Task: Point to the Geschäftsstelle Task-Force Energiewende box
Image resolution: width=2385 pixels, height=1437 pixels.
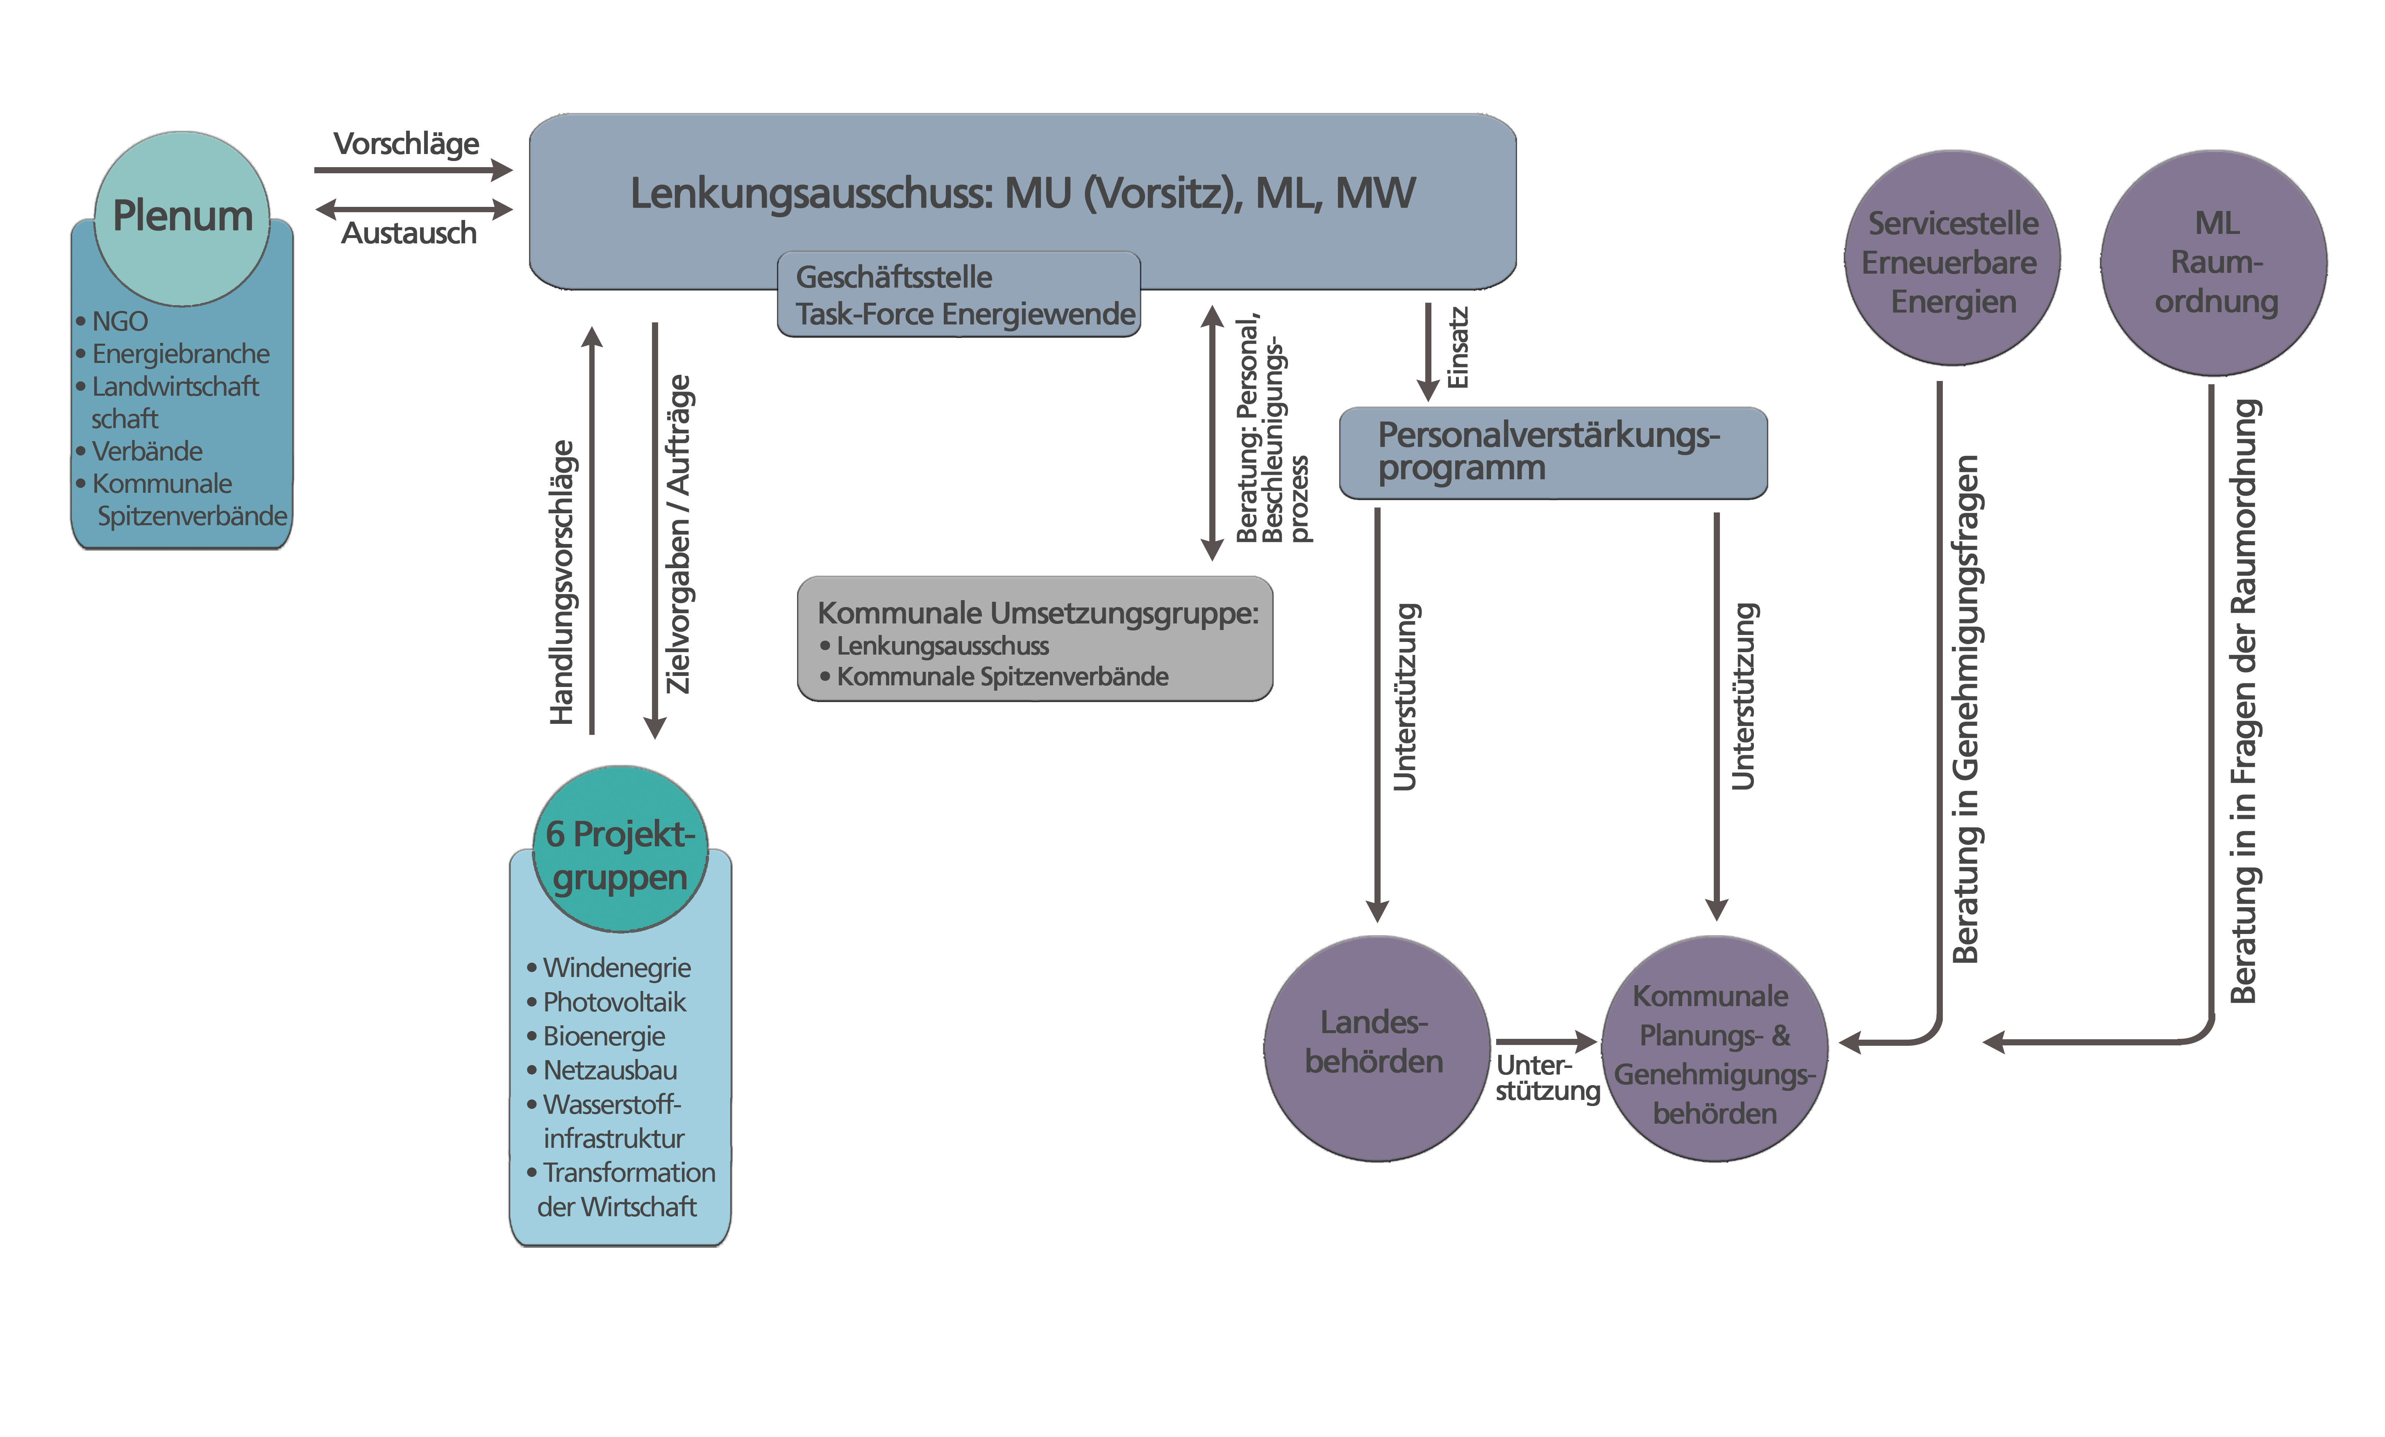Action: [x=958, y=295]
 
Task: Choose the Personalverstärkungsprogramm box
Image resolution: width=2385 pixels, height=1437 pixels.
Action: [x=1551, y=452]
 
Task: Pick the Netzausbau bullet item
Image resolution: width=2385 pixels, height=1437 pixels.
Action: [x=610, y=1070]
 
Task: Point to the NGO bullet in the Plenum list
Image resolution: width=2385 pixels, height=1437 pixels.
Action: [x=119, y=321]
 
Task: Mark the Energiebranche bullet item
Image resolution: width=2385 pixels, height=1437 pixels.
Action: [x=180, y=354]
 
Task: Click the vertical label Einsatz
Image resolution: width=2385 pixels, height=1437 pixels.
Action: [x=1458, y=348]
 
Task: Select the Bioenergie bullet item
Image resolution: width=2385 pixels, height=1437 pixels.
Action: [x=604, y=1036]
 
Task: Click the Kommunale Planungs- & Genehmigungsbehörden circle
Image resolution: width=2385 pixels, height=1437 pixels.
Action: [x=1714, y=1053]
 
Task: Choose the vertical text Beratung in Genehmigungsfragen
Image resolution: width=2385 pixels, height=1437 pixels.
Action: [x=1966, y=709]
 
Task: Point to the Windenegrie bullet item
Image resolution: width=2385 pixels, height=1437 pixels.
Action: [x=617, y=968]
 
